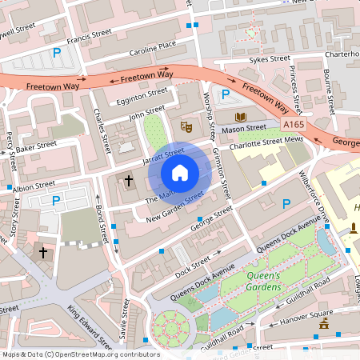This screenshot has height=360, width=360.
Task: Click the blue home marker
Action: coord(180,172)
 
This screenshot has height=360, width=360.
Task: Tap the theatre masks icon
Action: coord(186,126)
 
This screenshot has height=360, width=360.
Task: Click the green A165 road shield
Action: coord(294,125)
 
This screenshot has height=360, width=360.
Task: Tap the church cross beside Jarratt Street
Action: coord(129,181)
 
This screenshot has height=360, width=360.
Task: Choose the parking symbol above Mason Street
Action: coord(225,94)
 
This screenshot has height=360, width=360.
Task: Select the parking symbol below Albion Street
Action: coord(55,201)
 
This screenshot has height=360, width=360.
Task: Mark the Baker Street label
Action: coord(37,147)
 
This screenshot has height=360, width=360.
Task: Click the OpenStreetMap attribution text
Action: coord(80,354)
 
